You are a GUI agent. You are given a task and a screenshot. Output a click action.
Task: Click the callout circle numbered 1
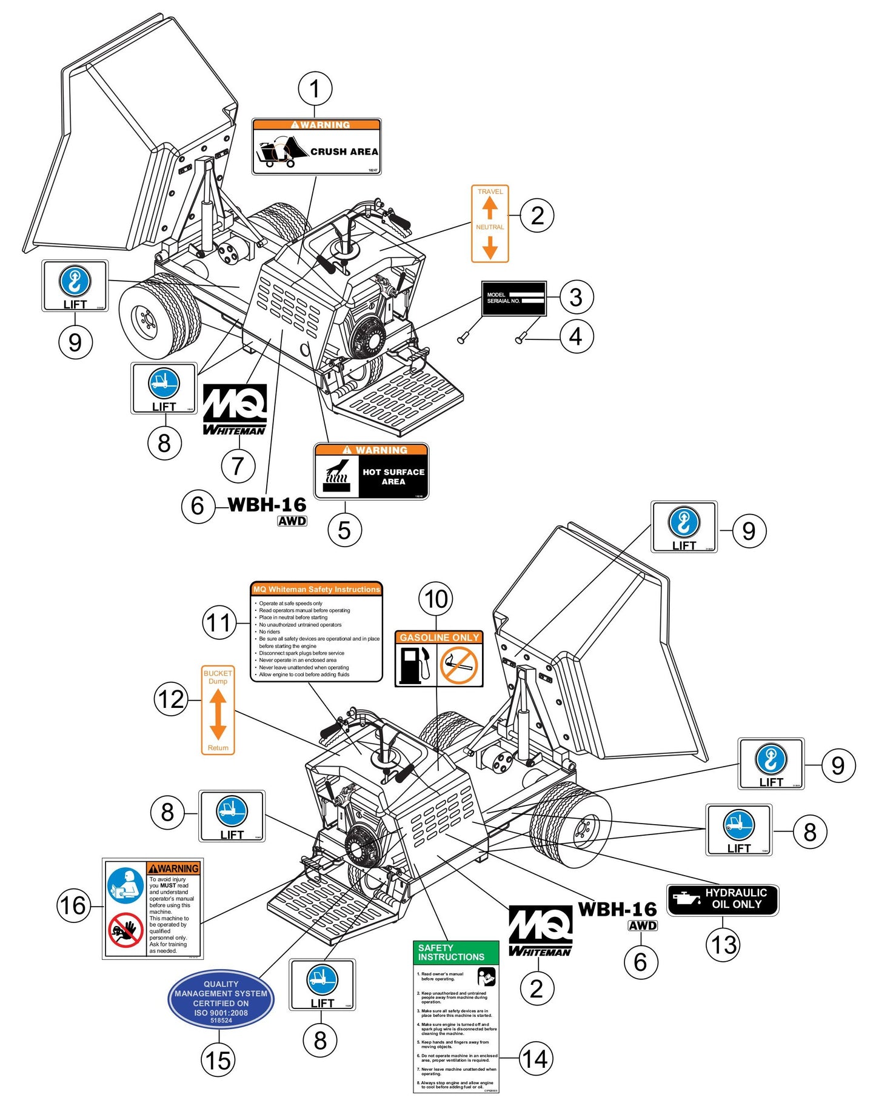[315, 88]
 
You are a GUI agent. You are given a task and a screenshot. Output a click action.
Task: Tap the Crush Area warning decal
[316, 147]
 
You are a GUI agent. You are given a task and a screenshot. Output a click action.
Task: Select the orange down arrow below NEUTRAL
[490, 247]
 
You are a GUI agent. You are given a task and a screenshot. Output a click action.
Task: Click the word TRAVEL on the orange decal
[490, 192]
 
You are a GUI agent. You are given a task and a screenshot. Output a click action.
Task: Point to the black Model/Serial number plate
[513, 298]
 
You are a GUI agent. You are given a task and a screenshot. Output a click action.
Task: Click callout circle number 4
[576, 336]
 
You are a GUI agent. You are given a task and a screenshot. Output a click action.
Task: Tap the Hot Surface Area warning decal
[371, 471]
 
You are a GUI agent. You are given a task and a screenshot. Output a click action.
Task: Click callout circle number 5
[344, 530]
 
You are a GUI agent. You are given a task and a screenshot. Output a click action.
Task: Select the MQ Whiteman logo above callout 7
[235, 410]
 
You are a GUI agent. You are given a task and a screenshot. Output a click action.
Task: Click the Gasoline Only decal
[439, 658]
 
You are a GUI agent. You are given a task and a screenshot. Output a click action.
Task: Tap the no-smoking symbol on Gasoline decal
[459, 665]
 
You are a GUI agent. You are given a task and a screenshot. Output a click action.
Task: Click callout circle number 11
[219, 623]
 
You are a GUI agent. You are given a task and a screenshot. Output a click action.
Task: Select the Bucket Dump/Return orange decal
[218, 710]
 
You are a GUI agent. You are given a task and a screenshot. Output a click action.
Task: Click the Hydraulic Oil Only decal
[722, 899]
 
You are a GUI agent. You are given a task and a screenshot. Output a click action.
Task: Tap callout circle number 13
[723, 944]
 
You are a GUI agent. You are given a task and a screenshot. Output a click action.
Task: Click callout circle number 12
[170, 700]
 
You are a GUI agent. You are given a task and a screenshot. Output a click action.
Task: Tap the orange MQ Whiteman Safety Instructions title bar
[316, 589]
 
